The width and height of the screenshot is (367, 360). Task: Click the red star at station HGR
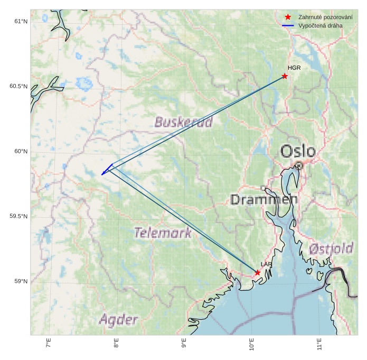285,76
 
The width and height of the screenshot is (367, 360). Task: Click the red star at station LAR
257,273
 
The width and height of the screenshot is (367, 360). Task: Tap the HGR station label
294,68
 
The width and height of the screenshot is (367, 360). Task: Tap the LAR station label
266,264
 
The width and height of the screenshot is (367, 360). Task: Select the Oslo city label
298,152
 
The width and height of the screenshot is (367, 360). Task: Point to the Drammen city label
264,200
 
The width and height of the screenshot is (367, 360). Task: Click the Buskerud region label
183,123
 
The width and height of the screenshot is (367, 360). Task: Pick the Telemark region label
163,233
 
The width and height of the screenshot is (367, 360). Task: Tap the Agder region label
118,319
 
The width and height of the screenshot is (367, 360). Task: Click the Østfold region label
331,248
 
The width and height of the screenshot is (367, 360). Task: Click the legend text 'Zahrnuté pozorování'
325,17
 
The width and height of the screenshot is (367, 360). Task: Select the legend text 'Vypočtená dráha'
321,25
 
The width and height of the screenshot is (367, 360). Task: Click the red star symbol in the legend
288,17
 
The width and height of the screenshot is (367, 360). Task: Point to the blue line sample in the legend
288,25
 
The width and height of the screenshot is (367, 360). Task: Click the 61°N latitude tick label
21,21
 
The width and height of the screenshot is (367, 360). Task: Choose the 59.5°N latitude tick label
18,217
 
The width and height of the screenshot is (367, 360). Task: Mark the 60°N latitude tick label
21,152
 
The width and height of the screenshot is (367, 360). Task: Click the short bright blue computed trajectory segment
107,170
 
